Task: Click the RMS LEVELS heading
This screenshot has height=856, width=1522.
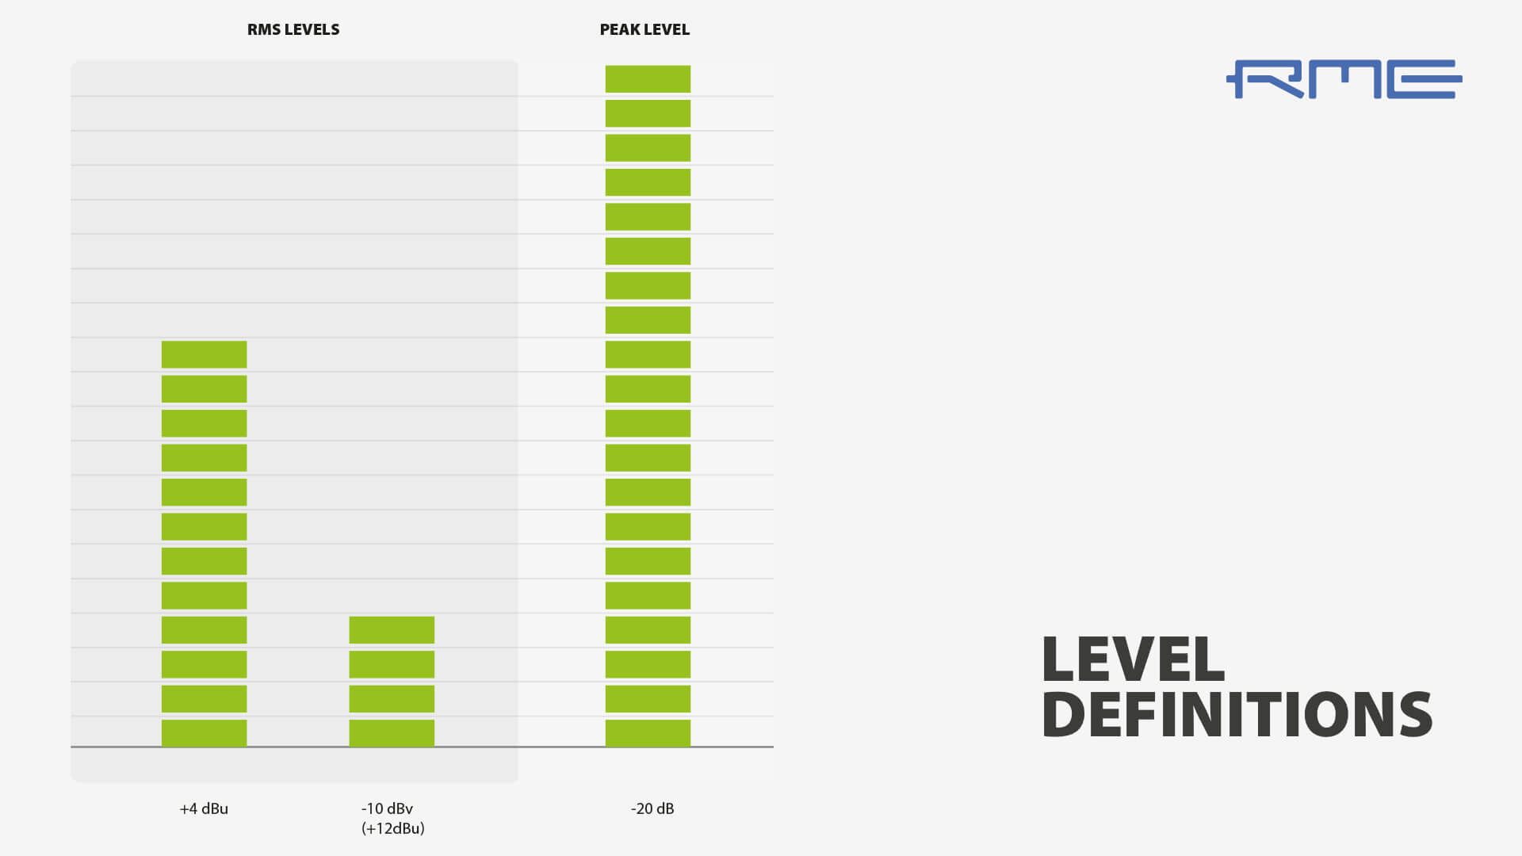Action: point(293,30)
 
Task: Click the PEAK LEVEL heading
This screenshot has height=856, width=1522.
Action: point(644,30)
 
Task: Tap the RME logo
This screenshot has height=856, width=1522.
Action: point(1344,79)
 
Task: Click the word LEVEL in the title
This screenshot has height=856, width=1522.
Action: point(1133,659)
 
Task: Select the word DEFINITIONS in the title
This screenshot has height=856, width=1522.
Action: point(1237,715)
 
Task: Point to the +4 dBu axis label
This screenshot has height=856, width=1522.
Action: point(204,809)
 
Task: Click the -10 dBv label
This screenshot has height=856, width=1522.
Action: point(387,809)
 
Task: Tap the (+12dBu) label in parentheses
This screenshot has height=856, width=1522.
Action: point(392,829)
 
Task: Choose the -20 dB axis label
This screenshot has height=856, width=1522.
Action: point(652,809)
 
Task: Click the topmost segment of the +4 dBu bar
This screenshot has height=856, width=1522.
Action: point(204,354)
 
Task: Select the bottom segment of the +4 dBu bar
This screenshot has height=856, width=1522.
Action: point(204,733)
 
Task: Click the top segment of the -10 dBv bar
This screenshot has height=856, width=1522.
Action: point(392,630)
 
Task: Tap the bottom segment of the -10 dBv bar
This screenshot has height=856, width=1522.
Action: point(392,733)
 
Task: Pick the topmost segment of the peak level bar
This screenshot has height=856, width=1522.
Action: point(648,79)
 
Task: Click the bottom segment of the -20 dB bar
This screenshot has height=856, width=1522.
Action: point(648,733)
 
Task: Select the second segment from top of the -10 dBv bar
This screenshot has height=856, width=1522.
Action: point(392,664)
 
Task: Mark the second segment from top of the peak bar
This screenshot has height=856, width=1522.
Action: point(648,113)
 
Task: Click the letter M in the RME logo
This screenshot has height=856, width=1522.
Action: point(1345,79)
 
